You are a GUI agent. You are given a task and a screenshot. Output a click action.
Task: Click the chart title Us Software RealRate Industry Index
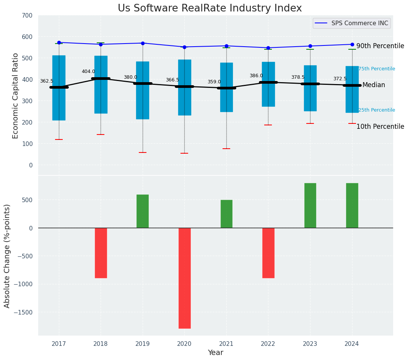[210, 8]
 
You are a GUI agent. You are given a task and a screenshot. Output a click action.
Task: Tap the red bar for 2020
[184, 278]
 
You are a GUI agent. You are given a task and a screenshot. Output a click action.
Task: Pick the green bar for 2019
[143, 211]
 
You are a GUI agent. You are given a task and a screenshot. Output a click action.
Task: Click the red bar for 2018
[101, 253]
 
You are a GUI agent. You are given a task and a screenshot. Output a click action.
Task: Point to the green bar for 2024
[352, 205]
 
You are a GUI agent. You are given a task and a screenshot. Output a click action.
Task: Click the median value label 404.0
[88, 71]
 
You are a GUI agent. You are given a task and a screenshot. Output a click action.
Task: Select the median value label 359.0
[214, 82]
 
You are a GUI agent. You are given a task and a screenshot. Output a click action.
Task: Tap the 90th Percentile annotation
[380, 46]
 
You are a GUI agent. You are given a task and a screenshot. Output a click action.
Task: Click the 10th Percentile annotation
[380, 126]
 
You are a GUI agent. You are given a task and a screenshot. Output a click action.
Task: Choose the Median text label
[374, 85]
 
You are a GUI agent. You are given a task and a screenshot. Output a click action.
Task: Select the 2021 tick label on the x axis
[226, 344]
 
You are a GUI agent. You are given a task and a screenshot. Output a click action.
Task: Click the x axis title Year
[215, 353]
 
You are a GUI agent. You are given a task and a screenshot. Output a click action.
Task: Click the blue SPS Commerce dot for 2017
[59, 42]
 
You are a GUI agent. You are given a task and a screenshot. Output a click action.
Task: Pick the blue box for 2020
[184, 87]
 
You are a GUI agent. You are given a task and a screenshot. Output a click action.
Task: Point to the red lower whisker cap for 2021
[226, 149]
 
